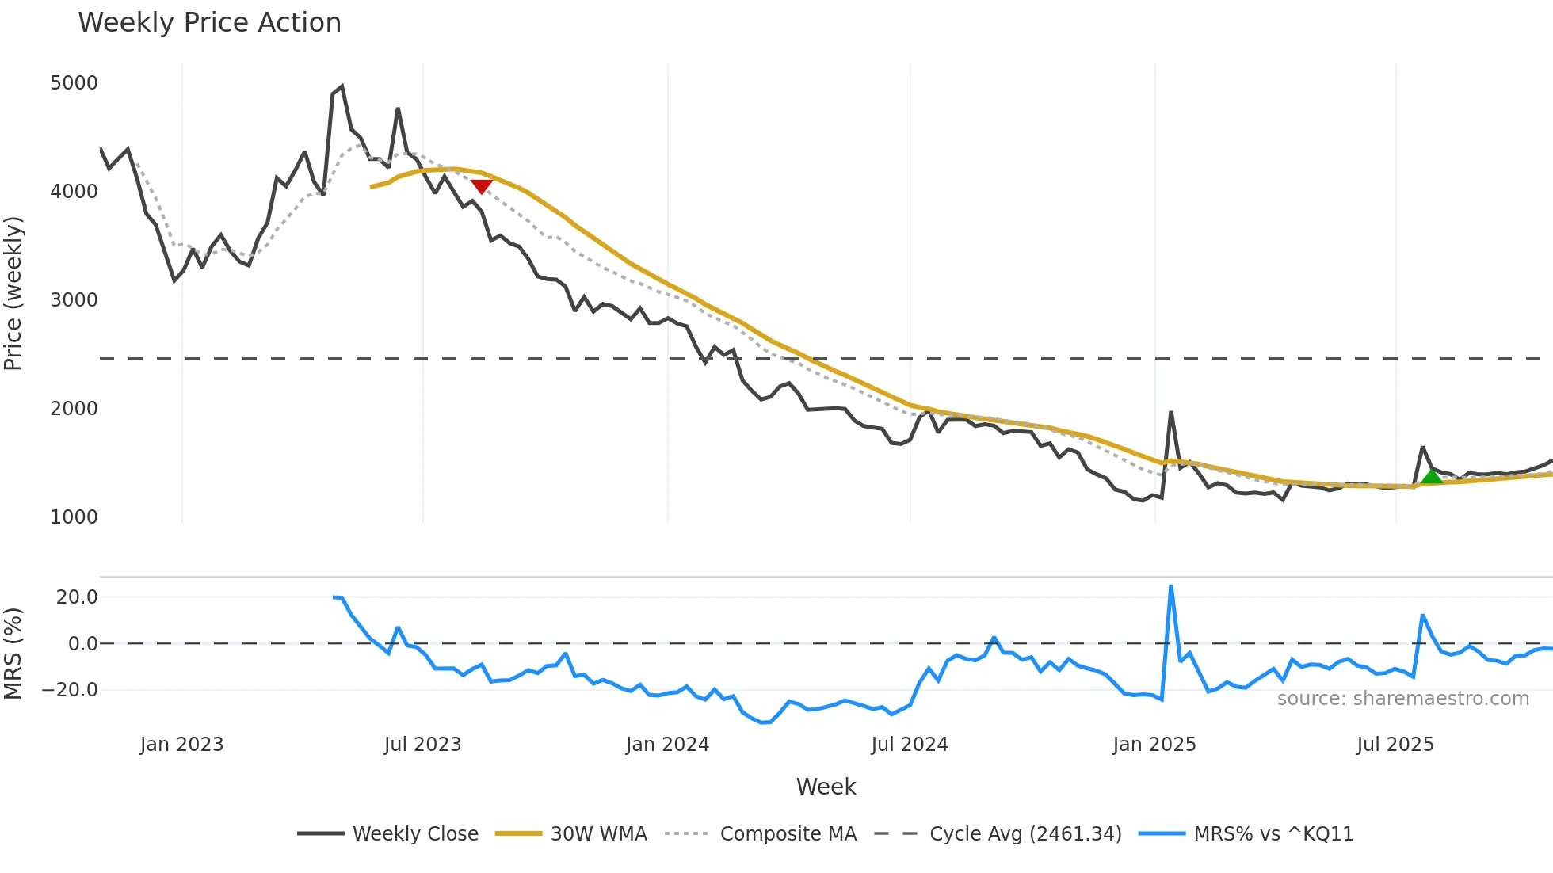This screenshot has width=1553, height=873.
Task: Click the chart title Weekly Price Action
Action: point(209,23)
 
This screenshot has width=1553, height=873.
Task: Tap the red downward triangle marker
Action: point(482,186)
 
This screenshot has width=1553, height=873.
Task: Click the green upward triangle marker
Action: point(1431,476)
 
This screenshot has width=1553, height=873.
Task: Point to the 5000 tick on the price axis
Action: point(74,83)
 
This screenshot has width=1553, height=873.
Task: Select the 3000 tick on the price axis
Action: point(74,300)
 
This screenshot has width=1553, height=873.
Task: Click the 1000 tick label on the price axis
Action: point(74,517)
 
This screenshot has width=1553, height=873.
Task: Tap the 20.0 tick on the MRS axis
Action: point(77,597)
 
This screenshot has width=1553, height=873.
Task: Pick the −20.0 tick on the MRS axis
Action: point(70,690)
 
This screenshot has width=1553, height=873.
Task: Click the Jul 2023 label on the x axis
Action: point(422,745)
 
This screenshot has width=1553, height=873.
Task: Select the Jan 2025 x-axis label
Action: point(1154,745)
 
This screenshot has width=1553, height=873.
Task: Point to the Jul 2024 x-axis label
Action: point(909,745)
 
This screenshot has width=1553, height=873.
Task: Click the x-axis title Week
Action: point(826,787)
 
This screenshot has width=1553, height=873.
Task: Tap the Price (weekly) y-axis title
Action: point(13,293)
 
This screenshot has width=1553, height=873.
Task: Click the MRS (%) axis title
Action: point(13,654)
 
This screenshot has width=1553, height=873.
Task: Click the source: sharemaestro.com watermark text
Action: point(1402,699)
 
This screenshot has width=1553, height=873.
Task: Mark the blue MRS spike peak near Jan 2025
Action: point(1171,587)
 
